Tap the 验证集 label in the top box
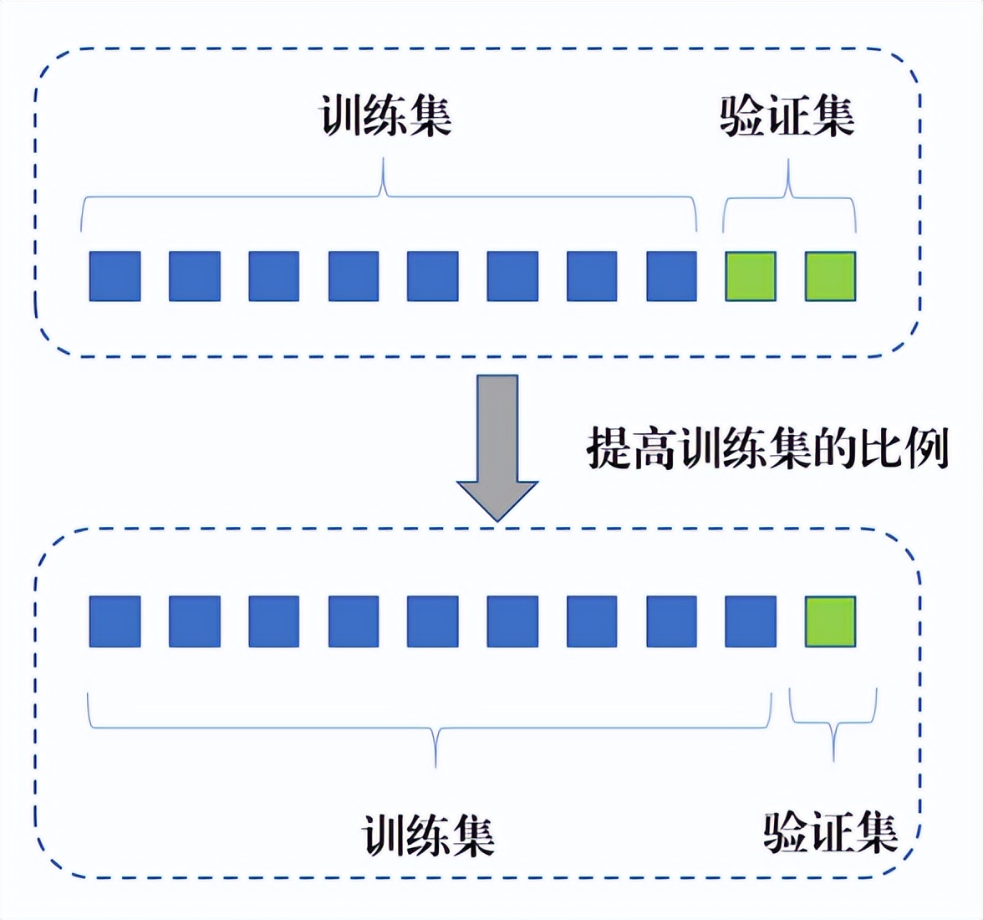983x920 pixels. (x=787, y=115)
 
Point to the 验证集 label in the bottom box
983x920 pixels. (x=831, y=832)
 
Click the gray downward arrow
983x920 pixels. (x=497, y=447)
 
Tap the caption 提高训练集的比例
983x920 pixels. (x=768, y=447)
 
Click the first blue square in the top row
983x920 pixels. (x=115, y=276)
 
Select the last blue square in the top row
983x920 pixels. (x=671, y=276)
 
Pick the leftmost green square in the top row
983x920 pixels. (x=751, y=276)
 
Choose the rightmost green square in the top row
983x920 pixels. (x=831, y=276)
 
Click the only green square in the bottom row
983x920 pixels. (x=831, y=621)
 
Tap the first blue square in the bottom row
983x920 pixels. (x=115, y=621)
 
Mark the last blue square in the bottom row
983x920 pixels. (x=751, y=621)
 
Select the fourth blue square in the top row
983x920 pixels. (x=354, y=276)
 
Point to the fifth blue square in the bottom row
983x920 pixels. (x=433, y=621)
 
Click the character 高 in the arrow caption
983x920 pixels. (x=654, y=447)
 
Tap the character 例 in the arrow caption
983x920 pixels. (x=926, y=447)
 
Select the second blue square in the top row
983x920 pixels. (x=194, y=276)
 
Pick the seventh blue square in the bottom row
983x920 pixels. (x=592, y=621)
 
